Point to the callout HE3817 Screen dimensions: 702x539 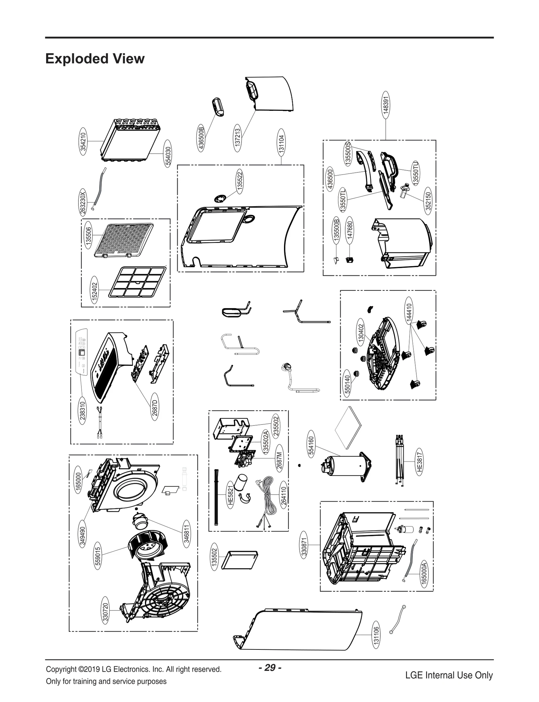pyautogui.click(x=419, y=461)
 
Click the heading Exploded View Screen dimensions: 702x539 pyautogui.click(x=95, y=59)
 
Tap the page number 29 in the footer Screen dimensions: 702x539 pyautogui.click(x=270, y=667)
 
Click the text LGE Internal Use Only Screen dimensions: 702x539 pyautogui.click(x=449, y=675)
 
